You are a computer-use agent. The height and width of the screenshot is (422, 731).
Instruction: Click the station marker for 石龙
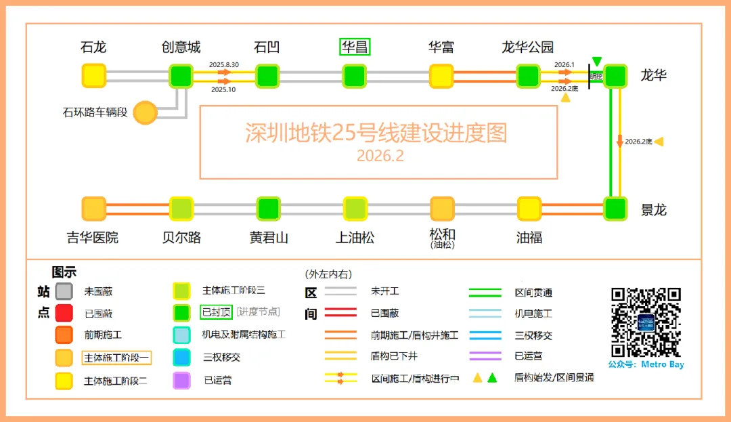[x=94, y=75]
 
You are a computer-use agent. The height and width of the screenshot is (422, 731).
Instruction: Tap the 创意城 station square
[x=181, y=75]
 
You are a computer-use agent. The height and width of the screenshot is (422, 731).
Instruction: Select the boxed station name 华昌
[x=355, y=47]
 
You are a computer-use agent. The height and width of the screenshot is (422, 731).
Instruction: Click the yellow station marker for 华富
[x=441, y=75]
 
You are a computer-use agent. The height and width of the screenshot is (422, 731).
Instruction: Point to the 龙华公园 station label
[x=527, y=47]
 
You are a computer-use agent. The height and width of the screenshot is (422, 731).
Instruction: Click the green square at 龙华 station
[x=615, y=75]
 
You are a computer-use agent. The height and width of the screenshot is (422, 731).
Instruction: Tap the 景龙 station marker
[x=615, y=209]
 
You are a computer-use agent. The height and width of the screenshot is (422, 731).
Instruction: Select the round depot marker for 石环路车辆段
[x=145, y=112]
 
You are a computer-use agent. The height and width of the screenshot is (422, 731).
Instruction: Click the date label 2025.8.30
[x=224, y=64]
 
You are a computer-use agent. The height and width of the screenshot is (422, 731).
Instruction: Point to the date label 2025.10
[x=223, y=89]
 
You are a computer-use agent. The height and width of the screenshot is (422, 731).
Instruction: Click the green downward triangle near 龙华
[x=596, y=62]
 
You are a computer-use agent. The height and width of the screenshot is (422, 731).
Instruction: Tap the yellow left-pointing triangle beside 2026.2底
[x=658, y=142]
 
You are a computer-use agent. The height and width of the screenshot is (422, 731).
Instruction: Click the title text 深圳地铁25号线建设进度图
[x=376, y=133]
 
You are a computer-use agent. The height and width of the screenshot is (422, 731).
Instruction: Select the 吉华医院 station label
[x=93, y=238]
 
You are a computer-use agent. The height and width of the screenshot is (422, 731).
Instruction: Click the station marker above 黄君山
[x=268, y=209]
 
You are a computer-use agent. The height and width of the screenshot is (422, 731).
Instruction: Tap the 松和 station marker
[x=442, y=209]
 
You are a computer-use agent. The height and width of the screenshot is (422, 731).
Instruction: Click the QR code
[x=645, y=322]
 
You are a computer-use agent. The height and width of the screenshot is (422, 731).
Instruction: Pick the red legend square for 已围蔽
[x=64, y=313]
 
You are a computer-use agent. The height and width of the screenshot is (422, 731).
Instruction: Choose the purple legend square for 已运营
[x=181, y=380]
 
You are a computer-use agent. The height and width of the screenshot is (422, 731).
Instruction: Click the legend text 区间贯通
[x=533, y=293]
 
